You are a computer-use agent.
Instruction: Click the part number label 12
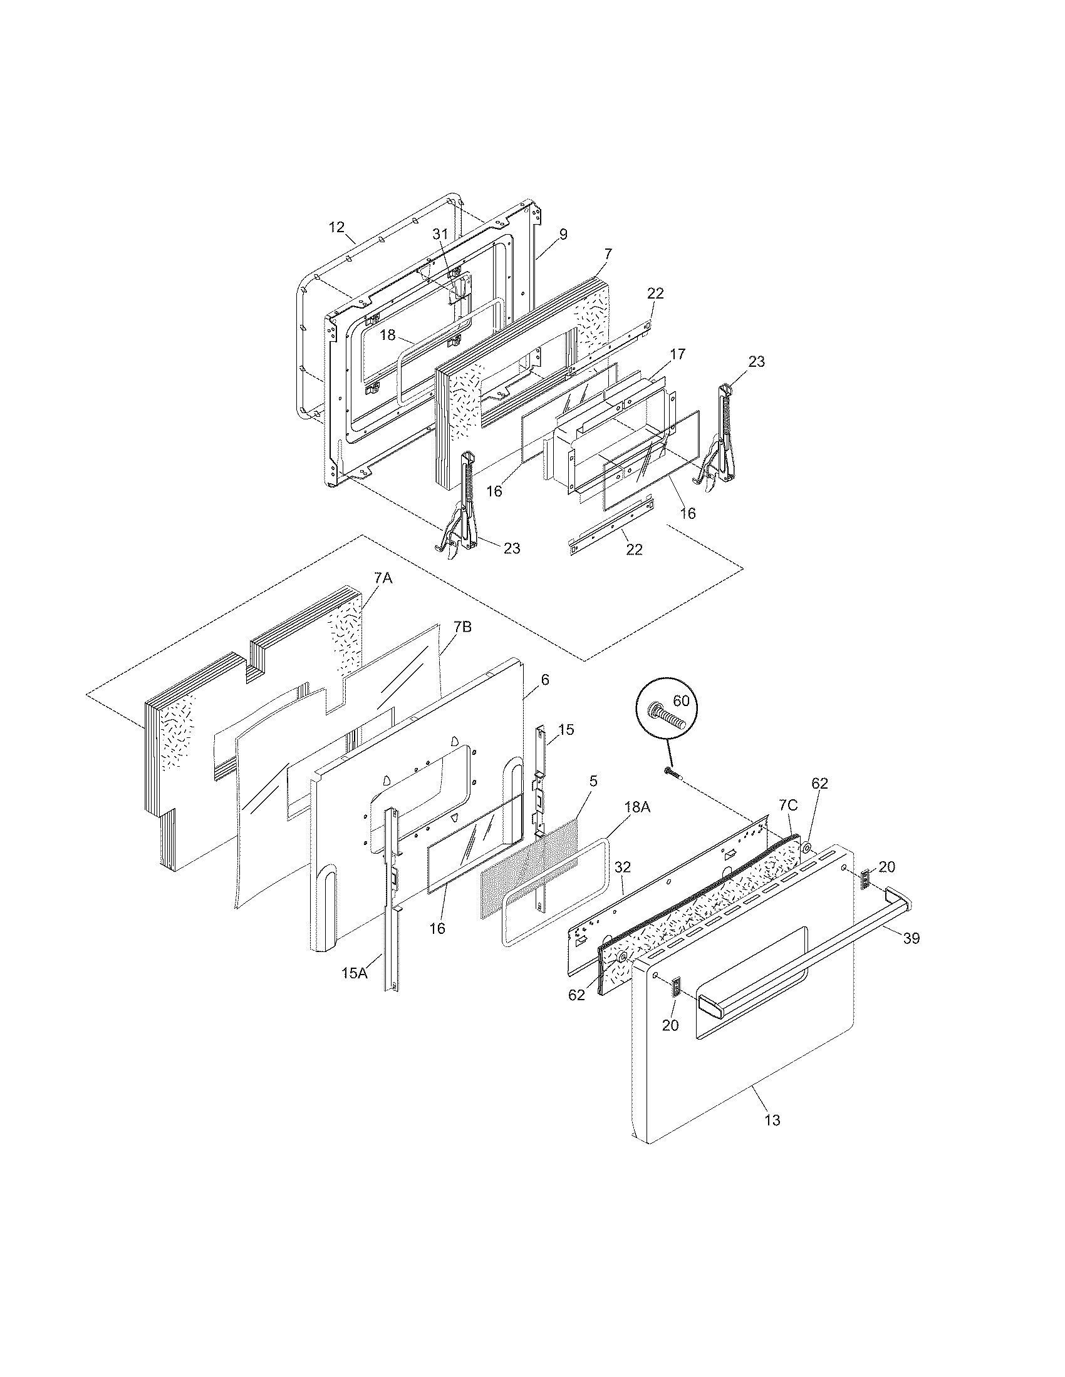coord(336,227)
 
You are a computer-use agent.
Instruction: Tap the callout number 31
coord(439,233)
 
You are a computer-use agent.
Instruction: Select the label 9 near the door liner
coord(563,235)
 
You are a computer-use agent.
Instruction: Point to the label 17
coord(677,354)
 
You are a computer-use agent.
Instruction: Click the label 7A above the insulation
coord(383,578)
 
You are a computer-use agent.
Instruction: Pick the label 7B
coord(462,628)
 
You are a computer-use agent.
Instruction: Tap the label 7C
coord(787,805)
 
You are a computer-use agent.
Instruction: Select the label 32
coord(622,868)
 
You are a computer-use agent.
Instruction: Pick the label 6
coord(544,680)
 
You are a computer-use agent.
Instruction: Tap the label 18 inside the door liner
coord(387,335)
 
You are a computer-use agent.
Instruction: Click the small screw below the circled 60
coord(670,772)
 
